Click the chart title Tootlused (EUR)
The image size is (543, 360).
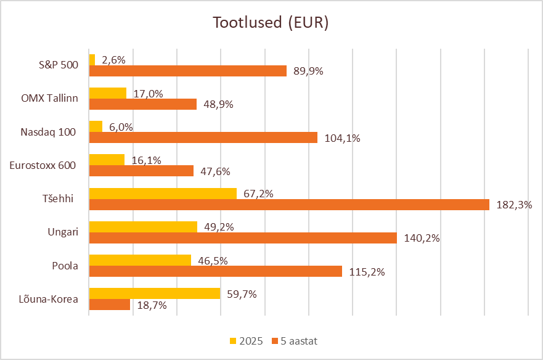click(271, 23)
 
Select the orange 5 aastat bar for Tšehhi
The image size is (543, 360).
click(289, 204)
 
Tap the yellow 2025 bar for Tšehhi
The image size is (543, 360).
click(163, 194)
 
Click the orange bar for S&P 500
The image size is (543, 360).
click(188, 71)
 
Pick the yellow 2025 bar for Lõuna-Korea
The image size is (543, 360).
click(155, 293)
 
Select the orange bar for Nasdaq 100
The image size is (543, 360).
click(203, 137)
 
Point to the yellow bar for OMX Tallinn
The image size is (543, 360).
click(108, 93)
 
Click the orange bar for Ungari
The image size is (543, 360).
click(243, 237)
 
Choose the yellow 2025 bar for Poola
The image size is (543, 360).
click(140, 260)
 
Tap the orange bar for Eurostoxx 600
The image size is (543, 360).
click(141, 171)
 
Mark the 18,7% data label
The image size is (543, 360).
click(152, 305)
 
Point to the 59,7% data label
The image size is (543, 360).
click(242, 294)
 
